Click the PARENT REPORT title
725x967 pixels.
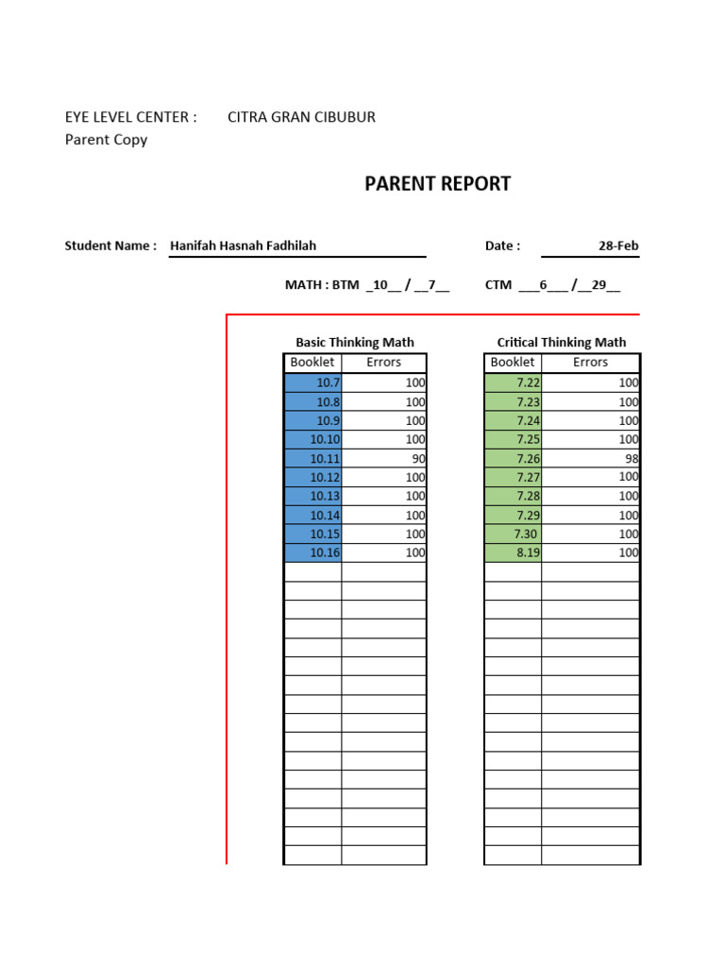pyautogui.click(x=437, y=184)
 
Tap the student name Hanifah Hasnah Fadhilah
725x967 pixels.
pyautogui.click(x=243, y=246)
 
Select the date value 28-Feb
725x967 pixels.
pyautogui.click(x=618, y=246)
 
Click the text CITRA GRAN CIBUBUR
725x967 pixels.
pyautogui.click(x=301, y=117)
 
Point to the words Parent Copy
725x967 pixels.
pyautogui.click(x=106, y=140)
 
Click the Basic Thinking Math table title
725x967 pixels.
pyautogui.click(x=355, y=343)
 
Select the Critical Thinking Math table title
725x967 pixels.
pyautogui.click(x=561, y=343)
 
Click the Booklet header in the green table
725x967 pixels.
pyautogui.click(x=513, y=363)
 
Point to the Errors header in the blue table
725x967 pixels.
pyautogui.click(x=383, y=363)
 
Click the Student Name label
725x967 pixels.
pyautogui.click(x=110, y=246)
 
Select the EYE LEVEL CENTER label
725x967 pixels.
pyautogui.click(x=130, y=117)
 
